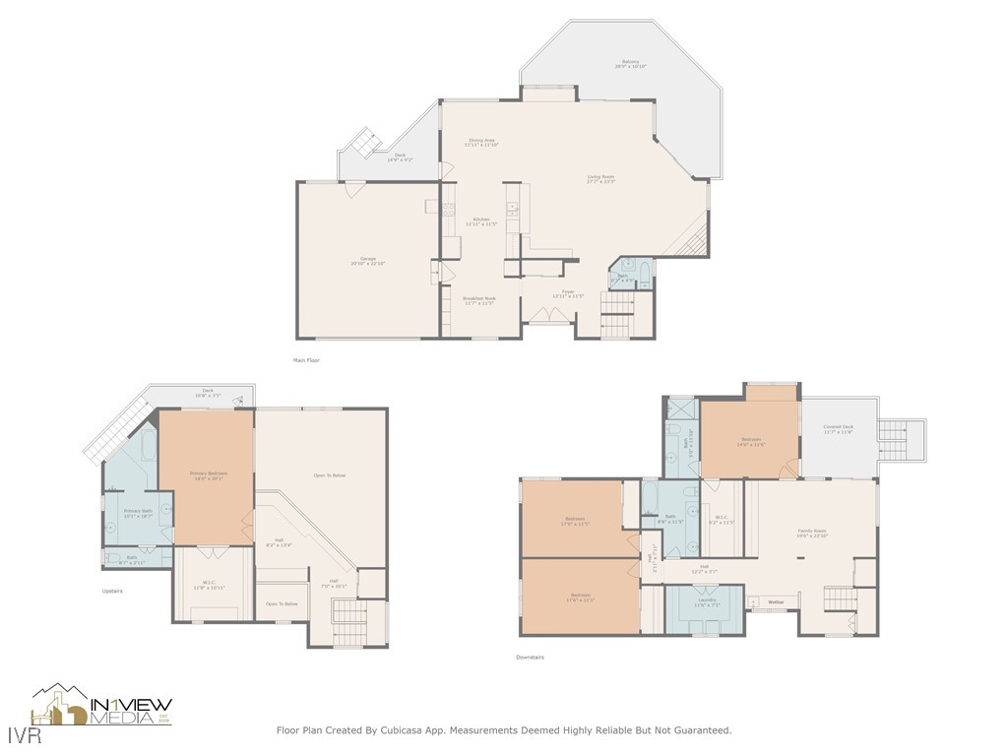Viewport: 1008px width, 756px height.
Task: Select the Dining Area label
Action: click(x=482, y=141)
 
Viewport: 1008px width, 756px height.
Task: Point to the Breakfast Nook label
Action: click(x=480, y=298)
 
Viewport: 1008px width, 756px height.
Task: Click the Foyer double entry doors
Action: click(x=547, y=314)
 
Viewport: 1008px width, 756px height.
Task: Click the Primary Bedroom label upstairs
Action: click(x=208, y=473)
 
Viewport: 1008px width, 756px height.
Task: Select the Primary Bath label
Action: click(x=138, y=511)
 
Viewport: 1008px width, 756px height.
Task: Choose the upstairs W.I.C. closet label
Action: click(x=209, y=582)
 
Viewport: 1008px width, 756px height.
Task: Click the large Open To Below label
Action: click(x=329, y=475)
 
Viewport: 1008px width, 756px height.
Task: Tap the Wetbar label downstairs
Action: click(x=776, y=601)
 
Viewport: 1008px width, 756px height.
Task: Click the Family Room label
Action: click(x=812, y=531)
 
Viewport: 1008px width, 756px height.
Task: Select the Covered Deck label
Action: click(x=839, y=427)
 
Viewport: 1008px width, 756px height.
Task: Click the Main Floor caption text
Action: click(x=306, y=360)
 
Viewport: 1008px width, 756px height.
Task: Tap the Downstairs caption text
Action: click(x=530, y=657)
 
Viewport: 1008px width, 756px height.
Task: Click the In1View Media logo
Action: click(x=102, y=705)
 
